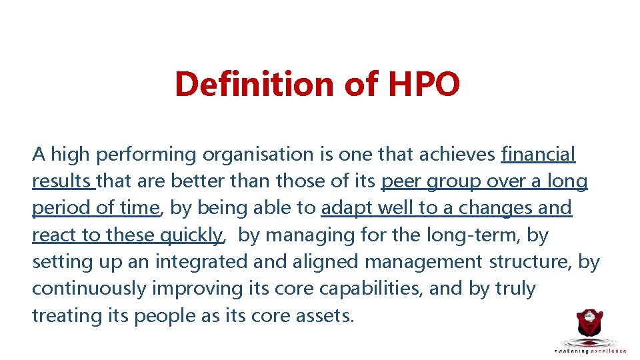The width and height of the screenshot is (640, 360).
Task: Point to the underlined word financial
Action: pos(538,155)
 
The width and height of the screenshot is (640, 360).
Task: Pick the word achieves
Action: pos(457,155)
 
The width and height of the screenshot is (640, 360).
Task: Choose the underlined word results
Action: pos(63,181)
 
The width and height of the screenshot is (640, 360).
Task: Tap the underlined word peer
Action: pos(401,181)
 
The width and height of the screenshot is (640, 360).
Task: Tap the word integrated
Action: pos(201,261)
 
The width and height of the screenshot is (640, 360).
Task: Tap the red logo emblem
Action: pos(589,327)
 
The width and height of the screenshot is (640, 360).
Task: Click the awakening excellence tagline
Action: pos(590,351)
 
